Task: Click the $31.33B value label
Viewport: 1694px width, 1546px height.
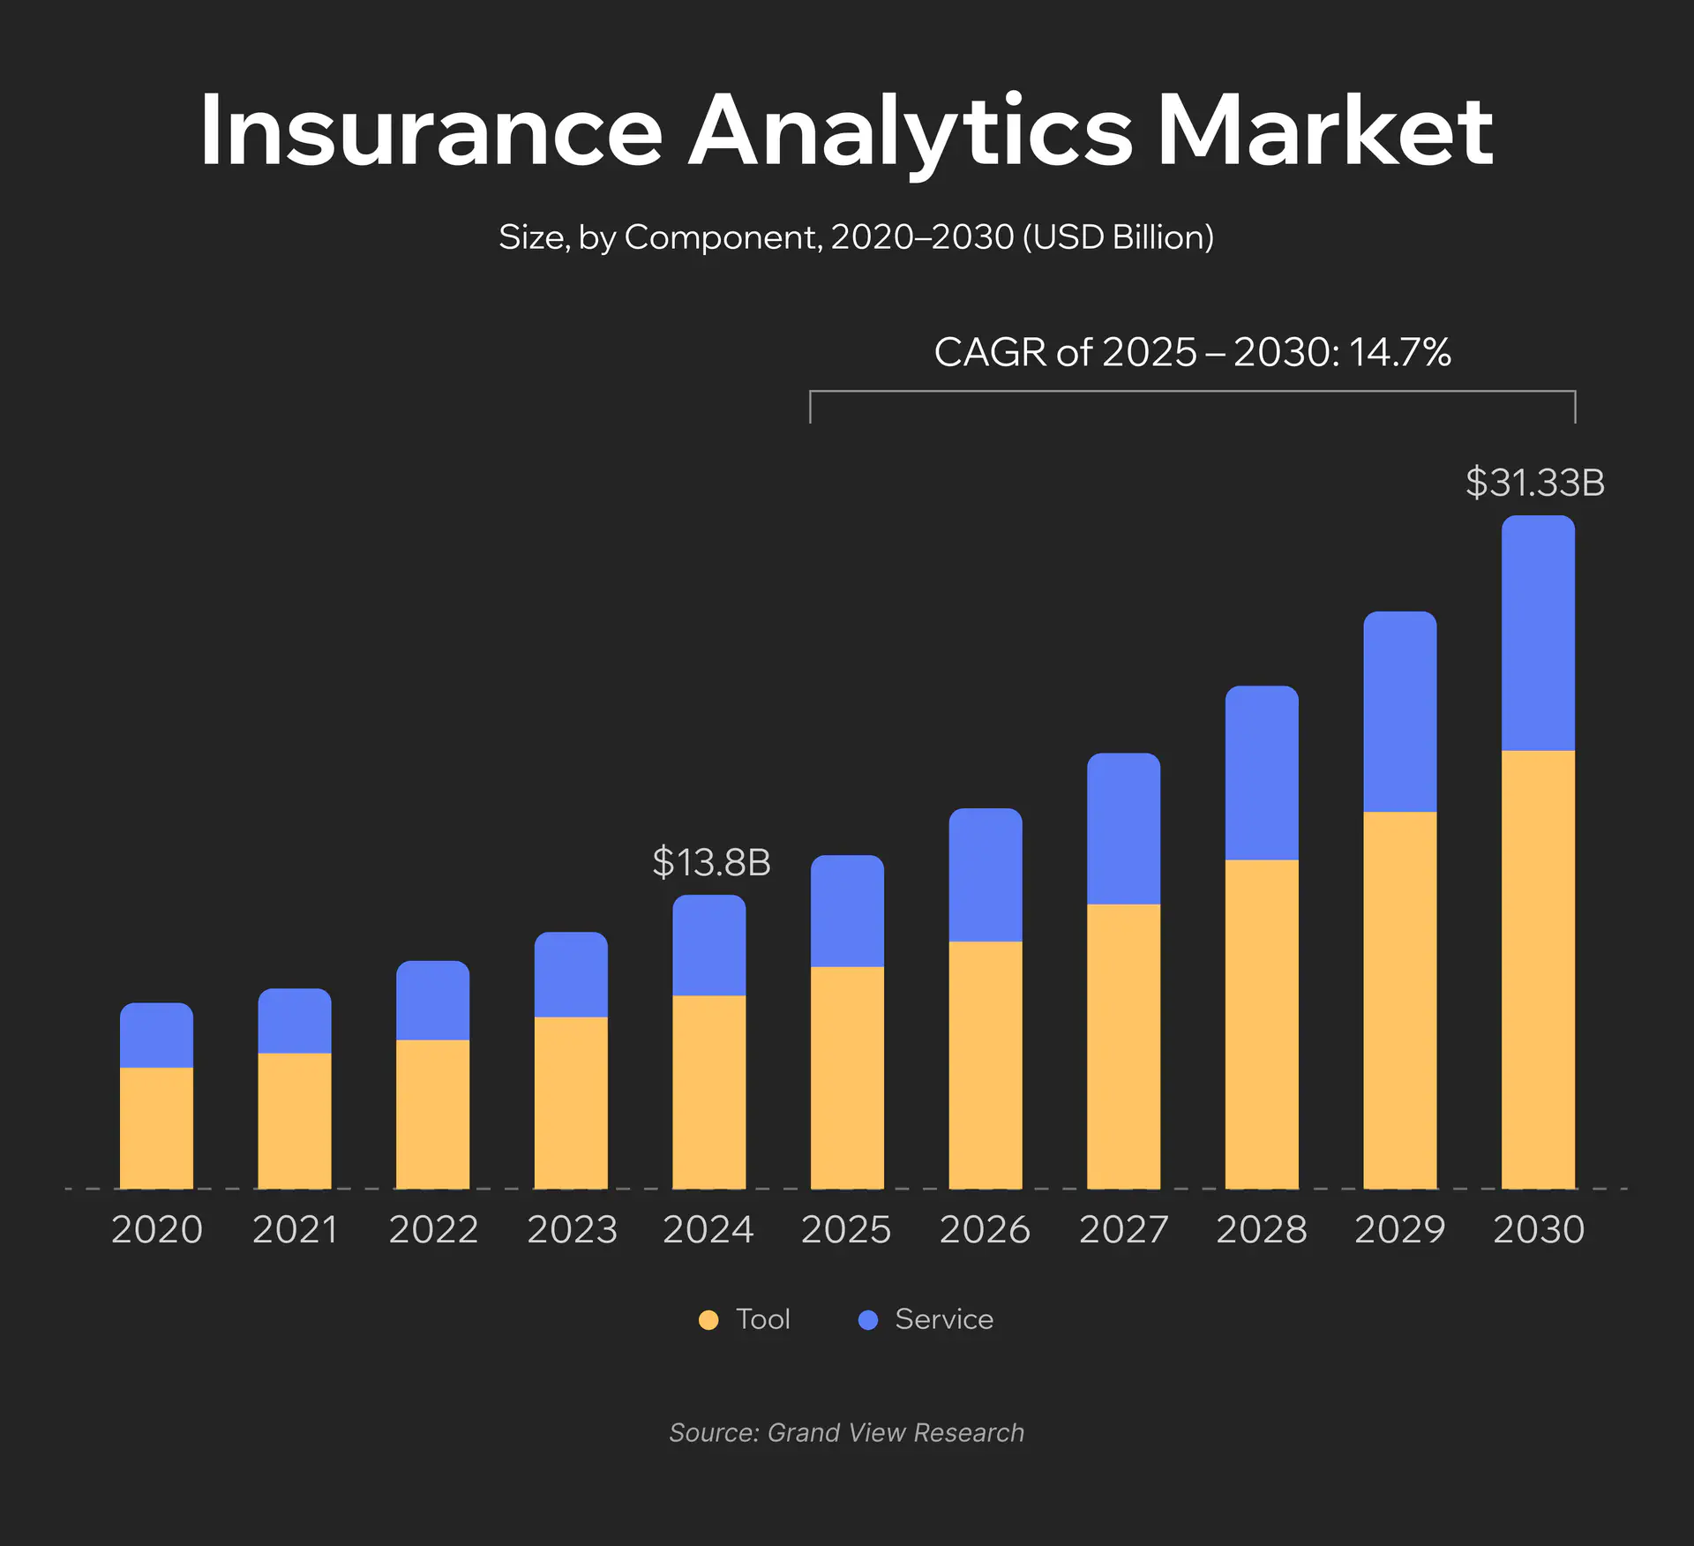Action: [1535, 483]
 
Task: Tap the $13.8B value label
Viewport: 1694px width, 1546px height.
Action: [711, 862]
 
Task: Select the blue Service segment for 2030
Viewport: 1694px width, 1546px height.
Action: [1538, 634]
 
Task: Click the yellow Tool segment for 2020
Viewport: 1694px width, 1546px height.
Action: [156, 1128]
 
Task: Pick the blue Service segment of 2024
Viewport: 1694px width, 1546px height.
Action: [708, 945]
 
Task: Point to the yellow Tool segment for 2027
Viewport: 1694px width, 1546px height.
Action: [1123, 1046]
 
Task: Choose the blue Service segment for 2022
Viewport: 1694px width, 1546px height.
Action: [432, 1001]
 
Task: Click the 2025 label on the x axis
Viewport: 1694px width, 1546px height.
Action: [846, 1229]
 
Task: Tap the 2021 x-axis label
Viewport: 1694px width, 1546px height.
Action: [295, 1229]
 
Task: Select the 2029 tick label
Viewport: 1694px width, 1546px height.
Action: [1399, 1229]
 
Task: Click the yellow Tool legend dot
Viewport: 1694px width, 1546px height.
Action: [708, 1320]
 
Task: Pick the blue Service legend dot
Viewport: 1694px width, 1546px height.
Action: [868, 1320]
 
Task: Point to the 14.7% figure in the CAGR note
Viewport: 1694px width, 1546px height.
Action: [1399, 352]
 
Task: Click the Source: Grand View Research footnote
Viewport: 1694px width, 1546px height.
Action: [847, 1432]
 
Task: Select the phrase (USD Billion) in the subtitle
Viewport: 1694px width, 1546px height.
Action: [1118, 237]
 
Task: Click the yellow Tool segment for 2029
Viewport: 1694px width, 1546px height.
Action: [1399, 1000]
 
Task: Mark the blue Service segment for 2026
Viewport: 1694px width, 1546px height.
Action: [986, 874]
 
